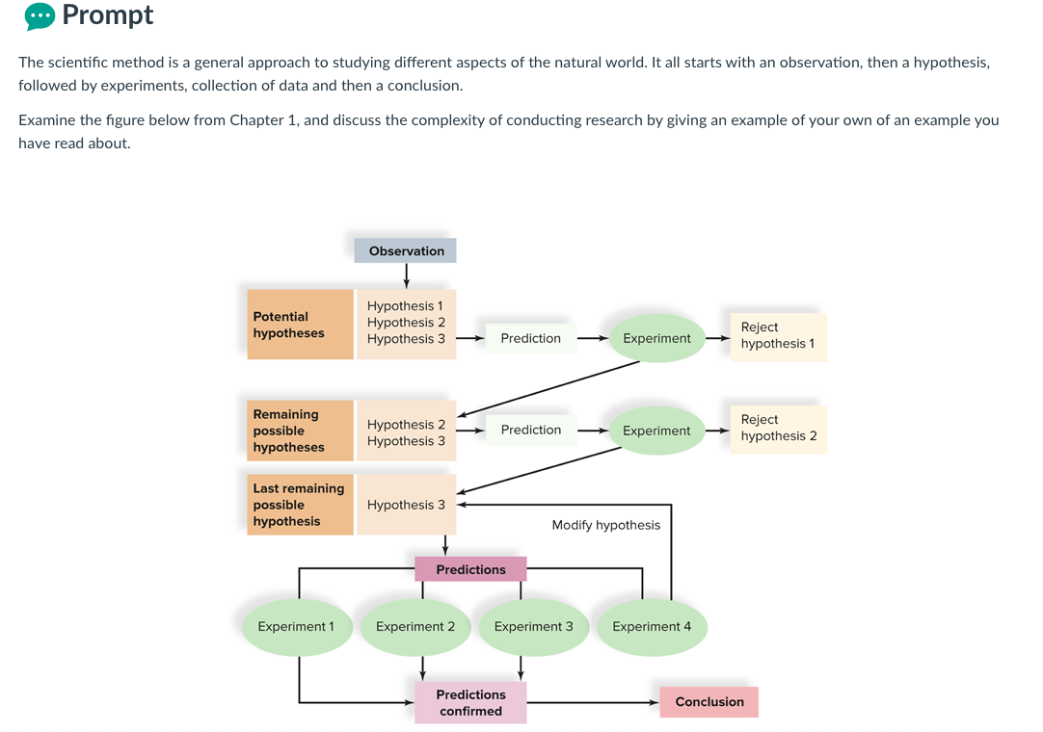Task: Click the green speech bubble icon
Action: tap(40, 16)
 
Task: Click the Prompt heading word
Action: tap(107, 15)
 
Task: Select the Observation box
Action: tap(406, 250)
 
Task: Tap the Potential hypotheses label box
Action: tap(300, 325)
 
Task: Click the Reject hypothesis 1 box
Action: tap(778, 336)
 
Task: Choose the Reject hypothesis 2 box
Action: tap(778, 429)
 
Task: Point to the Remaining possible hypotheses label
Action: tap(300, 431)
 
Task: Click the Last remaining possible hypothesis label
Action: tap(300, 505)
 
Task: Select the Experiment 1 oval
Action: tap(296, 627)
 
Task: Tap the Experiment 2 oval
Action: tap(415, 627)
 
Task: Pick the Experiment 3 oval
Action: tap(533, 627)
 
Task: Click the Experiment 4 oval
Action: tap(652, 627)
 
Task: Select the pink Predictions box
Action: tap(470, 569)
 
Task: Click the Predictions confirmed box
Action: tap(470, 702)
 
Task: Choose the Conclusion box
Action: tap(709, 702)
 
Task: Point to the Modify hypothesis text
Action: tap(605, 525)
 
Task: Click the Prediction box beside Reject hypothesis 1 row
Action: tap(530, 338)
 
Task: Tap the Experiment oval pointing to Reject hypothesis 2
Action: tap(656, 431)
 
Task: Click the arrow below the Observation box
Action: tap(406, 275)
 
